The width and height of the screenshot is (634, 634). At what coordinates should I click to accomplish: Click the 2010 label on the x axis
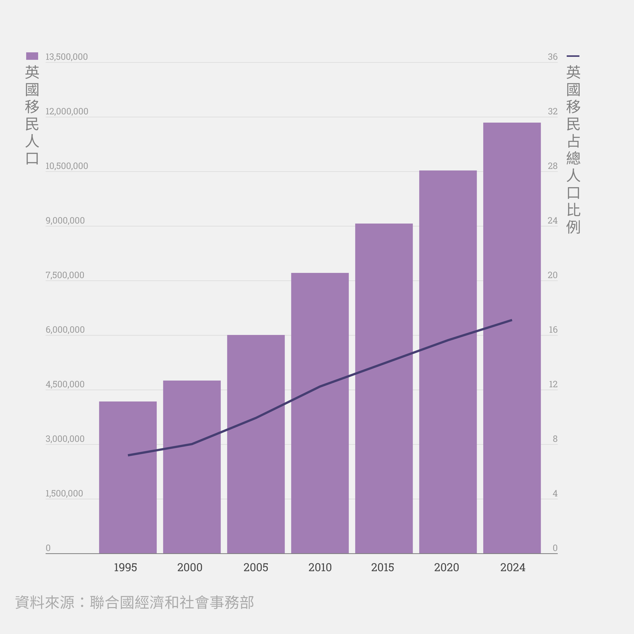tap(320, 567)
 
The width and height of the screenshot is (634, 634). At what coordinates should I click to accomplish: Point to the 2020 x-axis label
tap(446, 567)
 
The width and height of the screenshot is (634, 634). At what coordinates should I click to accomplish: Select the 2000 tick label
tap(190, 567)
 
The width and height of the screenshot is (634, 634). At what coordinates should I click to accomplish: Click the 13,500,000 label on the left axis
tap(67, 57)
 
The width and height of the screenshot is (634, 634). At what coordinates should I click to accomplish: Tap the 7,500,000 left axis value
tap(65, 275)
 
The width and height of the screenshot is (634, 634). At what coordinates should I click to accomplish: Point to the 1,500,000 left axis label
tap(64, 493)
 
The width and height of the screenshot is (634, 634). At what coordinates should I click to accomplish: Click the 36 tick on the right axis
tap(553, 57)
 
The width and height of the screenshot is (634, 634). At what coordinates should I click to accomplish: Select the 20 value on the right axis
tap(553, 275)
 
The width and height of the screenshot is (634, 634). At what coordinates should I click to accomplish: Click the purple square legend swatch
tap(32, 56)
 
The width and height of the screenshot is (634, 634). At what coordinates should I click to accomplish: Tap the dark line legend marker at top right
tap(573, 56)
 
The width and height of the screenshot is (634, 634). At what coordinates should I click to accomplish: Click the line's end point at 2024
tap(512, 320)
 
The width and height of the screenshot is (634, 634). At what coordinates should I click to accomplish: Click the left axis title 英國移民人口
tap(32, 115)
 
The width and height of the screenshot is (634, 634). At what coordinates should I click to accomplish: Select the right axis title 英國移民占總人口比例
tap(573, 149)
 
